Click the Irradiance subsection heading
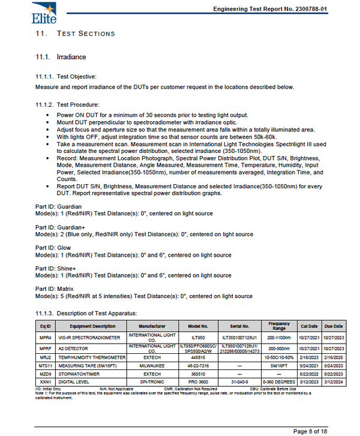click(71, 57)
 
